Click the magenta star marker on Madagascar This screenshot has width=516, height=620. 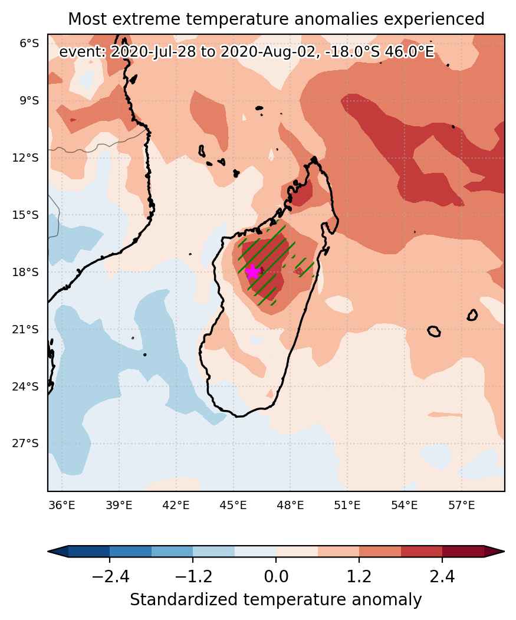point(252,272)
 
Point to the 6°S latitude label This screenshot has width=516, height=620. point(29,44)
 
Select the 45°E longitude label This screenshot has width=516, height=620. point(234,505)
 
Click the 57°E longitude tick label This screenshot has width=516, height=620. point(462,505)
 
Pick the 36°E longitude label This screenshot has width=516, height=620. point(62,505)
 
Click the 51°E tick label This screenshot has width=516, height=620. point(347,505)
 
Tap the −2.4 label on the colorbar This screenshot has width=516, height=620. point(110,577)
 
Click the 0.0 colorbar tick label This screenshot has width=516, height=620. point(276,577)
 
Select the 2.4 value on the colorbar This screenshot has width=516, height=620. point(442,577)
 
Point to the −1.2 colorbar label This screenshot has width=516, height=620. point(193,577)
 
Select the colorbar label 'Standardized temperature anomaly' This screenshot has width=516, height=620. point(275,600)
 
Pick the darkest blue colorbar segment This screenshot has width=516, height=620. point(89,551)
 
